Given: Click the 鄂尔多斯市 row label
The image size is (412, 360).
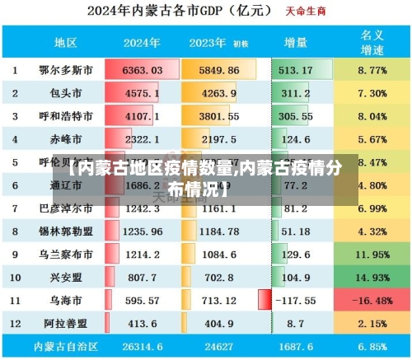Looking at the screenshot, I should click(66, 70).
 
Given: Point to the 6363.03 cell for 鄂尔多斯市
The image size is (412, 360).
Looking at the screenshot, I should click(142, 70).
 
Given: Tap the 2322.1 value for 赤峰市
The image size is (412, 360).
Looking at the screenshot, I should click(142, 139).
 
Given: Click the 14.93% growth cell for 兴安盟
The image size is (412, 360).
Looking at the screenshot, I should click(372, 278).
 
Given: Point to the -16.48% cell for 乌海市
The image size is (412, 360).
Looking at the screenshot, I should click(372, 301).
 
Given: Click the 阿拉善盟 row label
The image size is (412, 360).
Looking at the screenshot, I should click(66, 324).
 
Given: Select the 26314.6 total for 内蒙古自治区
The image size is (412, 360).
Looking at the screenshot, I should click(142, 347).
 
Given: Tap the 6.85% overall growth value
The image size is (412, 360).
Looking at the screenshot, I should click(372, 347).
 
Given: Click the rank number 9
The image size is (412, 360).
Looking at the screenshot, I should click(15, 255).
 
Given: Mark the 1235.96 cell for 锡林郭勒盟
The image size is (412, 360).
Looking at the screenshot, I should click(142, 231).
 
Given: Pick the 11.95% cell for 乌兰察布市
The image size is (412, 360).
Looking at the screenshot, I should click(372, 255).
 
